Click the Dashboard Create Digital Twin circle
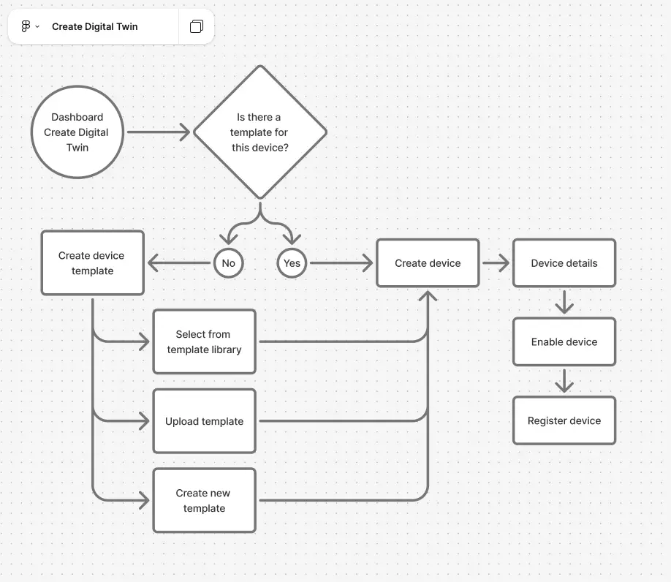[x=77, y=132]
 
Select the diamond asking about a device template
[x=259, y=132]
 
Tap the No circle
[x=228, y=263]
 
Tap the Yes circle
[x=292, y=263]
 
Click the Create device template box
[x=92, y=263]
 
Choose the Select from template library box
[x=204, y=341]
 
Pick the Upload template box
[x=204, y=421]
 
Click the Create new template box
[x=204, y=500]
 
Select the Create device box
[x=428, y=263]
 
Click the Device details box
[x=564, y=263]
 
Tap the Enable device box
[x=564, y=341]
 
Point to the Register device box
[x=564, y=421]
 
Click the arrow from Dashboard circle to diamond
[x=158, y=132]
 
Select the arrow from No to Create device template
[x=180, y=263]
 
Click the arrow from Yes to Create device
[x=340, y=263]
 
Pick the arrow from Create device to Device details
[x=496, y=263]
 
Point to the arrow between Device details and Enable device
[x=564, y=302]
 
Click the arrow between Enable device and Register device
[x=564, y=381]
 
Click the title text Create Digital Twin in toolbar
[x=94, y=26]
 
